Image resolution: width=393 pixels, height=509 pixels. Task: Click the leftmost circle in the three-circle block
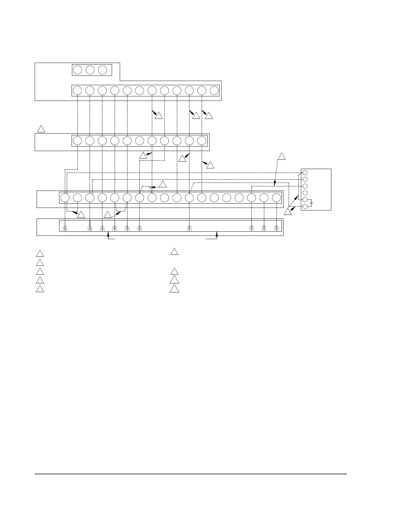coord(78,70)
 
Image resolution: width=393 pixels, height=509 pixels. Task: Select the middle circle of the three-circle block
coord(90,70)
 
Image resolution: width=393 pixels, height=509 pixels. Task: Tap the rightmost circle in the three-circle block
coord(102,70)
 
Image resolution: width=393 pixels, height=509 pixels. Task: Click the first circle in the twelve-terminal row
coord(77,91)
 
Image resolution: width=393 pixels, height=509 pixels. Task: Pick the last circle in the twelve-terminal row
coord(214,91)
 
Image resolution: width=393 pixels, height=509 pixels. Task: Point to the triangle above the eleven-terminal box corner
coord(41,129)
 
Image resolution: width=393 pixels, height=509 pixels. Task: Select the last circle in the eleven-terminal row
coord(202,141)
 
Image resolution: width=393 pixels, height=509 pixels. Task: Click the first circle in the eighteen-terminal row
coord(65,198)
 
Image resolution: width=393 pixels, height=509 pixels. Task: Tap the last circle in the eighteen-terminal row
coord(276,198)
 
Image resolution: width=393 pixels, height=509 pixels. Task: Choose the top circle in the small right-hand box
coord(305,173)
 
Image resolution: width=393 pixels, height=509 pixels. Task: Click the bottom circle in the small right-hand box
coord(305,206)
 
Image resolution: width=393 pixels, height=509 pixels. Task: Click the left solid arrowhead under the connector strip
coord(108,236)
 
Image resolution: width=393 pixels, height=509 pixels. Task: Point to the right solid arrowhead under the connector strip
coord(217,236)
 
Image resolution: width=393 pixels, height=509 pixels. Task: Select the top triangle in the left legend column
coord(40,253)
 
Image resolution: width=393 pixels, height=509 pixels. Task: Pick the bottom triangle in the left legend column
coord(40,288)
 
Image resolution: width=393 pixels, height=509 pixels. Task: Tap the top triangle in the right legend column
coord(174,252)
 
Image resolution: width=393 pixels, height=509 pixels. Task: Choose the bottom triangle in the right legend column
coord(174,288)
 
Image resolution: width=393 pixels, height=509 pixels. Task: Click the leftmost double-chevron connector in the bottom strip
coord(65,228)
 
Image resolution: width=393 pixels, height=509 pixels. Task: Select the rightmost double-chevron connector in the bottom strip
coord(276,228)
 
